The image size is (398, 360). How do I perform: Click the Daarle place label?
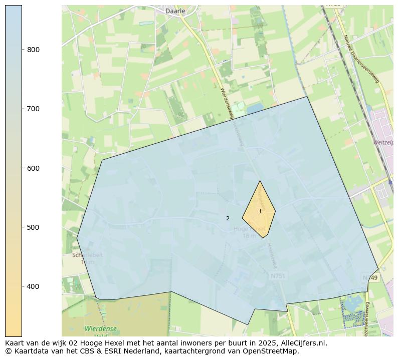point(175,11)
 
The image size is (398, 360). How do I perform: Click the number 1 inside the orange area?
point(260,212)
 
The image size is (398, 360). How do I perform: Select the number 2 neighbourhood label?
point(228,218)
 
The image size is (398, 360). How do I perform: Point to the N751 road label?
point(278,276)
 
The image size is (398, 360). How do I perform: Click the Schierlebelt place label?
point(88,255)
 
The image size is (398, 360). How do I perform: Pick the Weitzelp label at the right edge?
point(383,143)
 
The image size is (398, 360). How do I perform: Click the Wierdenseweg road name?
point(227,103)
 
